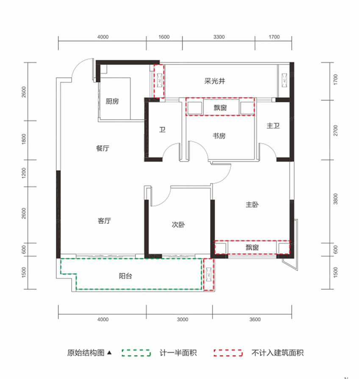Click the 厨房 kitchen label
point(112,101)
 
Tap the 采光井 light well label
point(214,81)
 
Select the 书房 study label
point(219,136)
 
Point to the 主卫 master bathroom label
point(273,126)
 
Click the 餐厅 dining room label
point(102,149)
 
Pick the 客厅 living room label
point(104,221)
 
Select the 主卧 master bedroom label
point(252,205)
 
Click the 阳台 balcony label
point(125,276)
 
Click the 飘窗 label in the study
point(220,108)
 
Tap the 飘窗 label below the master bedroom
point(252,247)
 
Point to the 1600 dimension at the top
point(164,37)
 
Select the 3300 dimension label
point(219,37)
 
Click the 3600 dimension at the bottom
point(255,319)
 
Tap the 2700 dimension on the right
point(336,130)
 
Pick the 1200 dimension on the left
point(24,173)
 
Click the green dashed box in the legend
point(136,353)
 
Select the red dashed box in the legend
point(228,353)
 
